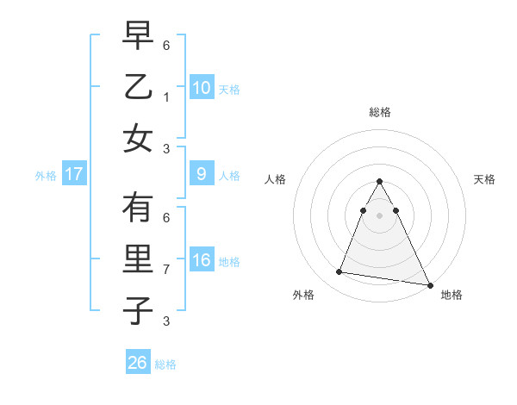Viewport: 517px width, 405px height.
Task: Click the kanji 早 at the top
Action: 138,37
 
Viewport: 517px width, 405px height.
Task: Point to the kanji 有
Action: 138,209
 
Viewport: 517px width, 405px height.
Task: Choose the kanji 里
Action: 138,260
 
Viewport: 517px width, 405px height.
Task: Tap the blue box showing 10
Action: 201,87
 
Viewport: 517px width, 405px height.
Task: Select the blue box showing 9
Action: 201,174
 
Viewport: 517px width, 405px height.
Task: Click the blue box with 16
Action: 201,260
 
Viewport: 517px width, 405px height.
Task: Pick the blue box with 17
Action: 74,174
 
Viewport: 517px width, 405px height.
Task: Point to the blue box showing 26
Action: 138,363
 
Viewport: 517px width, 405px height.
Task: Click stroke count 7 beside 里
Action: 166,270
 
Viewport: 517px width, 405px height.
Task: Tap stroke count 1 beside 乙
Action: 166,97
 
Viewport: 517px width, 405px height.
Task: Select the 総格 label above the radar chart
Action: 380,112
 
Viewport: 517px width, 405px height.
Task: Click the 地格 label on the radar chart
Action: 452,295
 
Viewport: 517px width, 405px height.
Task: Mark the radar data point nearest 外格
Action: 339,272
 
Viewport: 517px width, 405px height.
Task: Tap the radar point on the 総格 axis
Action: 380,181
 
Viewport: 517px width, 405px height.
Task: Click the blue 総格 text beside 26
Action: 165,364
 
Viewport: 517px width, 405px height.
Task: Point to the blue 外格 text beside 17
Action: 46,175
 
